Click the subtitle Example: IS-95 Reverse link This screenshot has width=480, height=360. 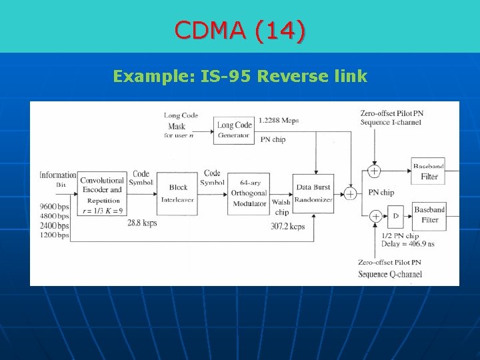pyautogui.click(x=240, y=76)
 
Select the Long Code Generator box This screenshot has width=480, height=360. pyautogui.click(x=234, y=130)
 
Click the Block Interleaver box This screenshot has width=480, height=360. pyautogui.click(x=178, y=193)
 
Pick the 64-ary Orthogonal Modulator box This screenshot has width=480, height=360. pyautogui.click(x=248, y=193)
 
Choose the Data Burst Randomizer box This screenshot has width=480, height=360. pyautogui.click(x=313, y=193)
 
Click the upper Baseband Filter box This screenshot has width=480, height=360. pyautogui.click(x=429, y=172)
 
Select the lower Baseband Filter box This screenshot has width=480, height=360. pyautogui.click(x=429, y=215)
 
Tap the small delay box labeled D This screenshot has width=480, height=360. pyautogui.click(x=395, y=216)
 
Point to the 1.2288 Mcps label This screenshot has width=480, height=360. pyautogui.click(x=278, y=121)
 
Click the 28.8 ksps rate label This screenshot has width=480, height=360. pyautogui.click(x=142, y=223)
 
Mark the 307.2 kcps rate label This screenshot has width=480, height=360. pyautogui.click(x=287, y=227)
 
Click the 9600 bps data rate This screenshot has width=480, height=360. pyautogui.click(x=54, y=207)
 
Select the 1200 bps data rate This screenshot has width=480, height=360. pyautogui.click(x=54, y=235)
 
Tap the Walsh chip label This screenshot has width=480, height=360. pyautogui.click(x=281, y=207)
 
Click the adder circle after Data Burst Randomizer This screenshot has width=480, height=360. pyautogui.click(x=350, y=193)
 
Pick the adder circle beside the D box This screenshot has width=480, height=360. pyautogui.click(x=375, y=216)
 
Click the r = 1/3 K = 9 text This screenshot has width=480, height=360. pyautogui.click(x=102, y=211)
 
